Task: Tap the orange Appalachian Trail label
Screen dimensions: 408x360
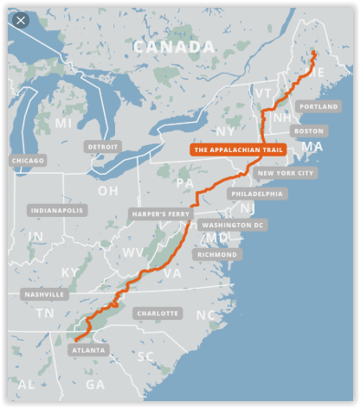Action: click(x=238, y=150)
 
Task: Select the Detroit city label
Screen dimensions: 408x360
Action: click(x=104, y=147)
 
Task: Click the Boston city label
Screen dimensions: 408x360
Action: click(x=309, y=131)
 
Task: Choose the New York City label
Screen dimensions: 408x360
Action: click(x=286, y=173)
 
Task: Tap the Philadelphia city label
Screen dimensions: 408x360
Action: click(x=258, y=194)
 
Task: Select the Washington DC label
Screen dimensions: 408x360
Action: click(x=231, y=225)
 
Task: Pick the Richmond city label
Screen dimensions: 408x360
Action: click(x=218, y=255)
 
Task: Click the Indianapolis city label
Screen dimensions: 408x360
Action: click(x=58, y=210)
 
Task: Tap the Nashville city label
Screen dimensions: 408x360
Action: click(x=46, y=294)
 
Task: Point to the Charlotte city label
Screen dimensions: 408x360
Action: click(x=157, y=313)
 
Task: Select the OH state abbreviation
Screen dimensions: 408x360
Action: click(x=108, y=190)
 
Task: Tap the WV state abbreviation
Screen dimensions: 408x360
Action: click(x=134, y=252)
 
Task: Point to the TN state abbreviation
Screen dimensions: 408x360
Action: click(x=44, y=313)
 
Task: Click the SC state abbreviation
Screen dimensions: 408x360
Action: click(x=146, y=355)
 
